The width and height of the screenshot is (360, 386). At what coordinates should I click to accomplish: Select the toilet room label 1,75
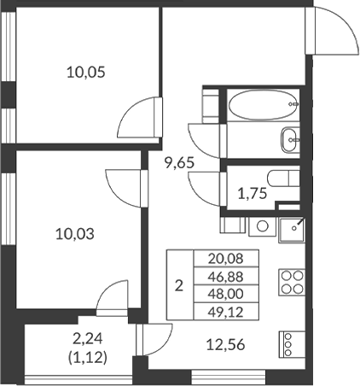[x=251, y=192]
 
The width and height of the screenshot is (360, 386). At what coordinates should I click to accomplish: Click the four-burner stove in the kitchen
[x=290, y=283]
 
